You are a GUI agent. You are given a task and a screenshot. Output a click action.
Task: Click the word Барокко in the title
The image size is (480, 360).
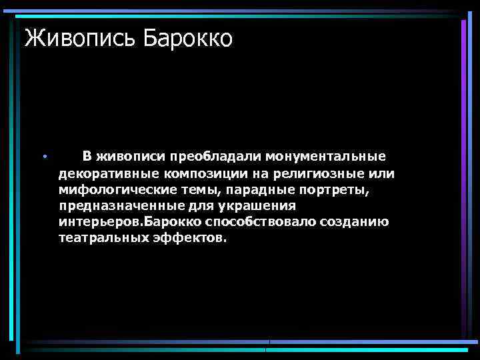point(187,38)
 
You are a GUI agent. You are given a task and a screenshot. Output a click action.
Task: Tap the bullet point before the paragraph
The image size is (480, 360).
point(43,157)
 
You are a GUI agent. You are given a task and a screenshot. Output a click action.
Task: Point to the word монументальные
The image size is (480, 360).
point(326,157)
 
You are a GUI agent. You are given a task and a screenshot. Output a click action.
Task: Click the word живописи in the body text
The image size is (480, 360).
point(131,157)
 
